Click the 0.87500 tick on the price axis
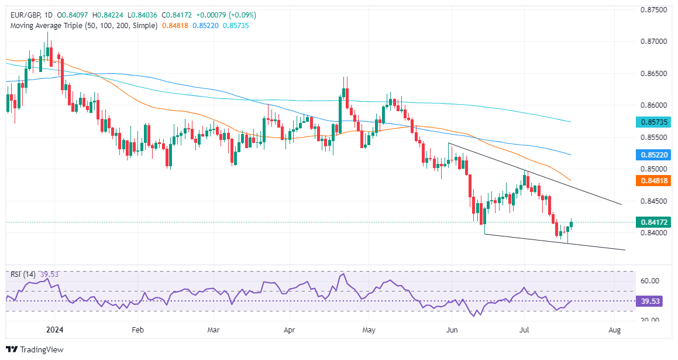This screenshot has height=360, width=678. [655, 10]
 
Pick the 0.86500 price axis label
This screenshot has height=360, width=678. [655, 74]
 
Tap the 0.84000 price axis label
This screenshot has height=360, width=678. [655, 233]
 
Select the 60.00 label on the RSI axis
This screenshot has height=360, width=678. [651, 281]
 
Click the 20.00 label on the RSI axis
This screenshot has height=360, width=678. [651, 320]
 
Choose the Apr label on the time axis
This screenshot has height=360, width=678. [289, 330]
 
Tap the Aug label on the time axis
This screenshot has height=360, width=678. [615, 330]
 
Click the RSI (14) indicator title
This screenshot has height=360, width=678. [20, 274]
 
